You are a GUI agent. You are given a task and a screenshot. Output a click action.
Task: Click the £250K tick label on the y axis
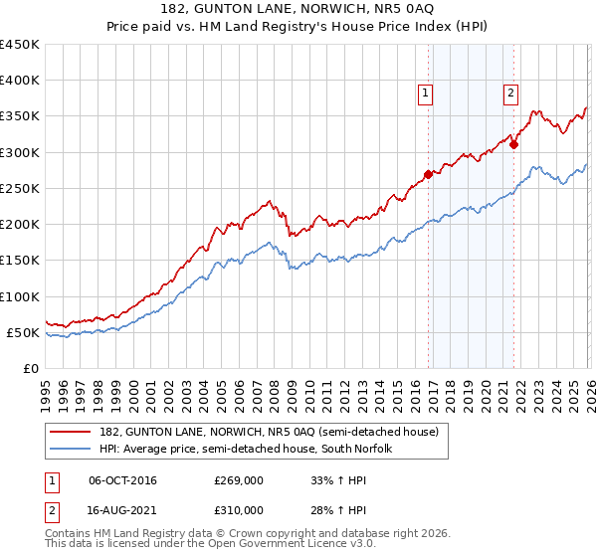(19, 188)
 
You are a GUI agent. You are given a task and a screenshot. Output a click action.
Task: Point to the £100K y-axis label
(19, 296)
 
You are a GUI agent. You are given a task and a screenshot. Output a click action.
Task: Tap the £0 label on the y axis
(30, 368)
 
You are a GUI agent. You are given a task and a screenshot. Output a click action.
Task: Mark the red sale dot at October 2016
(428, 174)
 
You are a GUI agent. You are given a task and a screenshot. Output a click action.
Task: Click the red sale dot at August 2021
(514, 144)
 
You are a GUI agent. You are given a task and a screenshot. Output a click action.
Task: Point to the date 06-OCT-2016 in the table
(122, 480)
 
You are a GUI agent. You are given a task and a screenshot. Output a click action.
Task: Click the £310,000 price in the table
(239, 510)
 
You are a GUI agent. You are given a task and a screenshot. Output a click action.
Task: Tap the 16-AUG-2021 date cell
(122, 510)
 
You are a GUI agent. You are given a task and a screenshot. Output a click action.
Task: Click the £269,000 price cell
(239, 480)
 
